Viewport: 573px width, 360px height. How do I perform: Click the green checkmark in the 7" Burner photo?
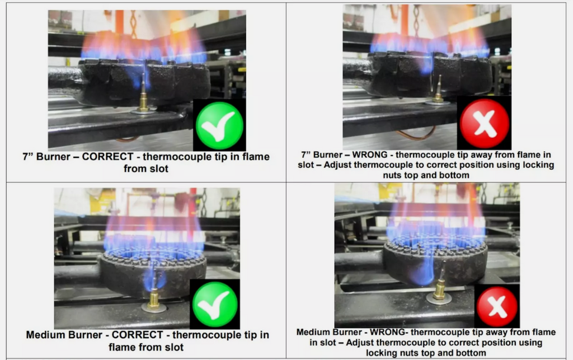pos(219,125)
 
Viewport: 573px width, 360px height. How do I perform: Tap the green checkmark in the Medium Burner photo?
pos(215,305)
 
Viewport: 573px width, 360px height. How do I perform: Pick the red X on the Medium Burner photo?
pos(497,306)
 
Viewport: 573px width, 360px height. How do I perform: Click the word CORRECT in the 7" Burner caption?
pos(107,156)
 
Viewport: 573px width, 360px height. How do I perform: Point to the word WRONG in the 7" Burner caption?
pos(369,155)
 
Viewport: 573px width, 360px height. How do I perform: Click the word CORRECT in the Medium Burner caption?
pos(138,335)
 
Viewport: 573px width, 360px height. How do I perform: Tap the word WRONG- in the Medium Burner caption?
pos(389,332)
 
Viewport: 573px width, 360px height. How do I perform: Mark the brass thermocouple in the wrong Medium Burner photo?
pos(440,285)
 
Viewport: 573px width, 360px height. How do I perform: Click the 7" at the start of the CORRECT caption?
pos(28,156)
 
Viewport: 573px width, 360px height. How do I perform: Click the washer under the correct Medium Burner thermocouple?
pos(154,308)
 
